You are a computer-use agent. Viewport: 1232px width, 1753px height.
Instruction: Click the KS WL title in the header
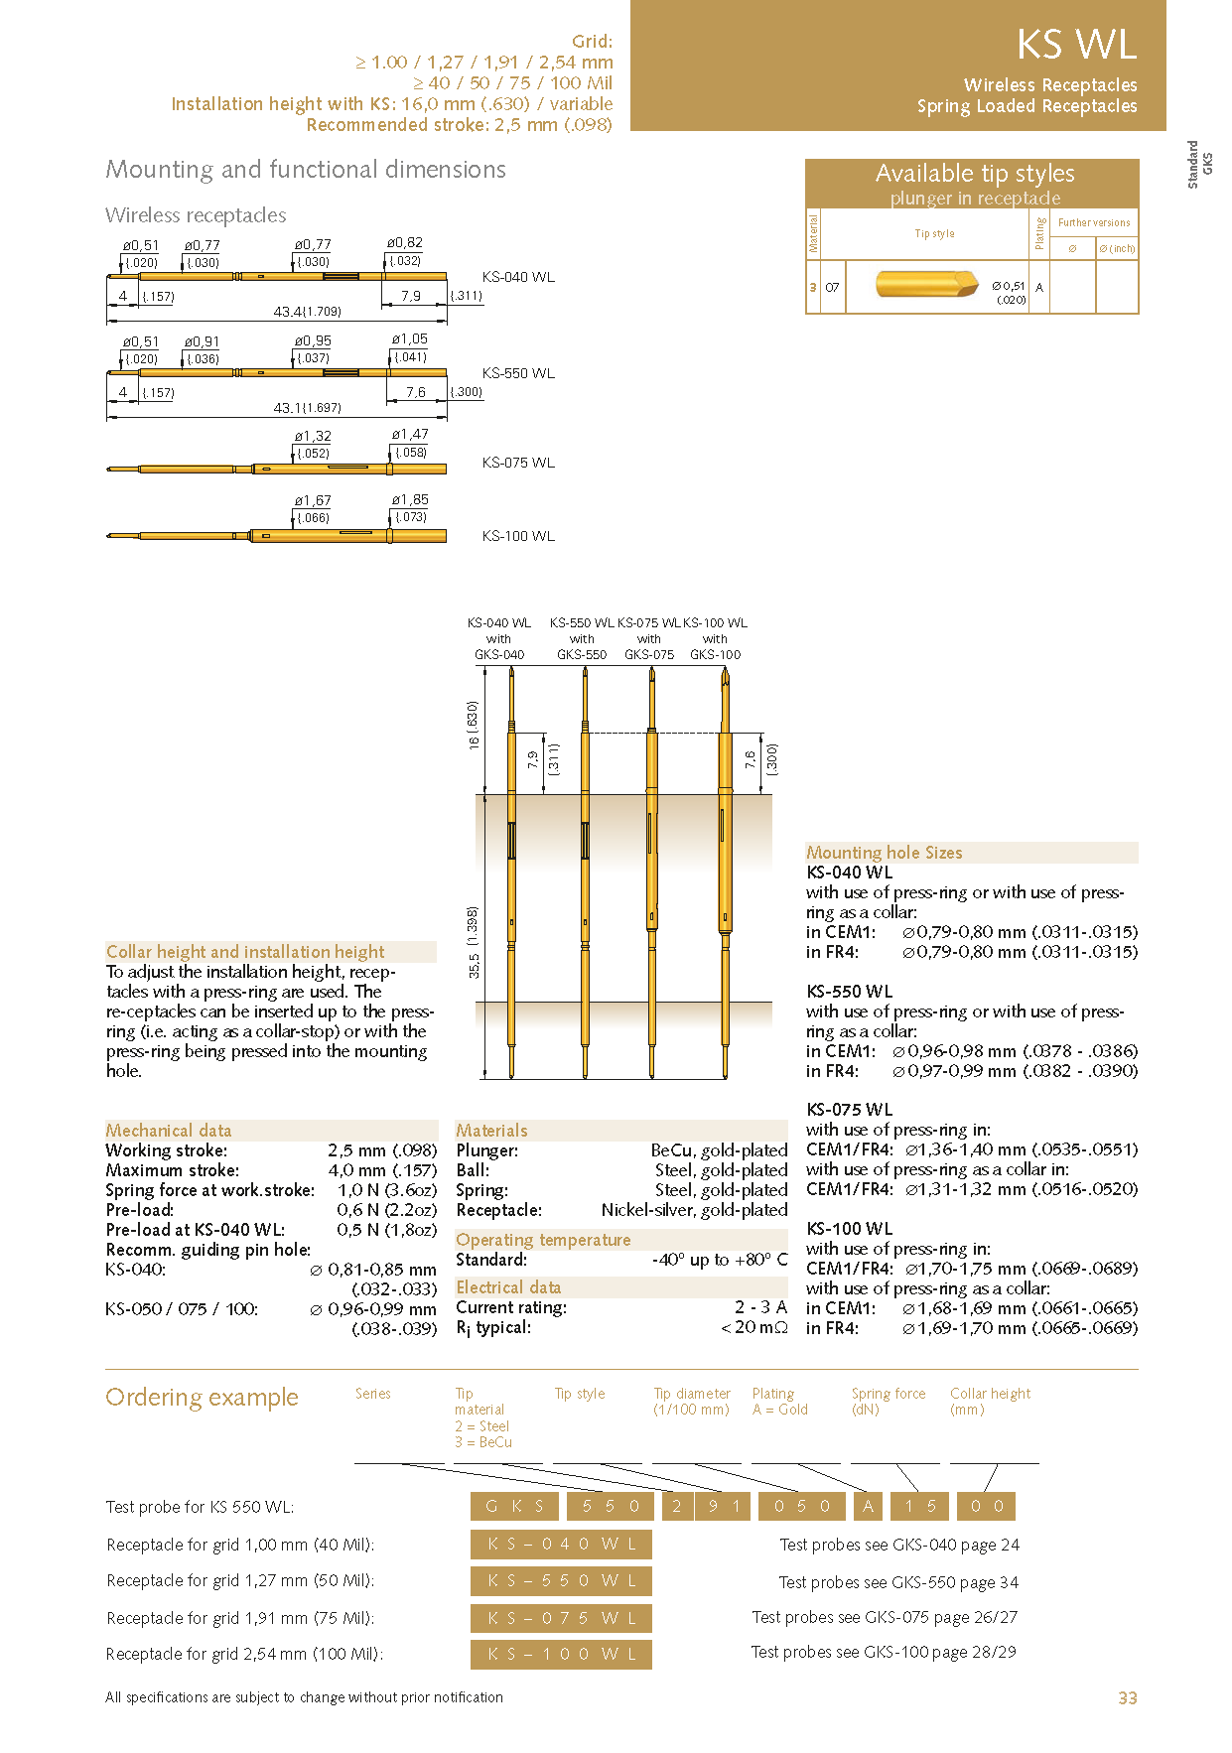(1076, 46)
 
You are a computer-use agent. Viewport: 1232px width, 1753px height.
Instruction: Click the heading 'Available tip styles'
(975, 174)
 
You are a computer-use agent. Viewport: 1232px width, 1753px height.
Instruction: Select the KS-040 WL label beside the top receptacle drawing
(518, 277)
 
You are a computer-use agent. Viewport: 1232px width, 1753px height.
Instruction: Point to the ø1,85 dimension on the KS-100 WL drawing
(410, 500)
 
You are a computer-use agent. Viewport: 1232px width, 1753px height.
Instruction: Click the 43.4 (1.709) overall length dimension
(308, 312)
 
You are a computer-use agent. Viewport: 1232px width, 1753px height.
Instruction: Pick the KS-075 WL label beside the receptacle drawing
(518, 463)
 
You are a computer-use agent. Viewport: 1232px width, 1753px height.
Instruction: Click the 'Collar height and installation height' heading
(245, 952)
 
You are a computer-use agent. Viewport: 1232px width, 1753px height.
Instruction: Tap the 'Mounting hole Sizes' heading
(884, 853)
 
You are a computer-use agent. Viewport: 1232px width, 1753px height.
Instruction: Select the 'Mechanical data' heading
(169, 1131)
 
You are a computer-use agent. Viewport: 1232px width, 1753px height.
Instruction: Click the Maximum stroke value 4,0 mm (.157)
(382, 1170)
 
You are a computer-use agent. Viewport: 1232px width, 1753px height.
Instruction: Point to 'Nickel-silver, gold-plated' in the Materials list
(694, 1210)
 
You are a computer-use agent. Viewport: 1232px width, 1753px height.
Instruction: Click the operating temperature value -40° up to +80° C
(720, 1260)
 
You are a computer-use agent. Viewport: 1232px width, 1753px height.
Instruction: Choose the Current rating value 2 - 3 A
(760, 1307)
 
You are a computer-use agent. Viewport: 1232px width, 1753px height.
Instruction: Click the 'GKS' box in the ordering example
(514, 1507)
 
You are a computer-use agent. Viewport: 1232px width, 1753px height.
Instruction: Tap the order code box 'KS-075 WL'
(561, 1618)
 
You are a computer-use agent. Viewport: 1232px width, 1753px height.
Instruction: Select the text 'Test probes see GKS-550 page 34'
(898, 1582)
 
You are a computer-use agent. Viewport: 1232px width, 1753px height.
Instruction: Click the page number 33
(1128, 1698)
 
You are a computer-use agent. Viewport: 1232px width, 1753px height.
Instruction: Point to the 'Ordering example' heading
(202, 1398)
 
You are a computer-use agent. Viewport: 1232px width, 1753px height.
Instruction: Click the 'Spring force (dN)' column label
(888, 1402)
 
